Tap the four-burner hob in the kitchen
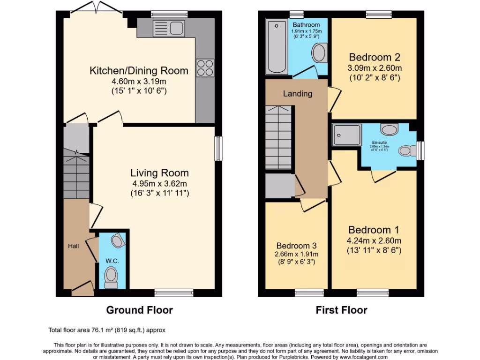pyautogui.click(x=205, y=67)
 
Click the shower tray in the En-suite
pyautogui.click(x=347, y=135)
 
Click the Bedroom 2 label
pyautogui.click(x=375, y=58)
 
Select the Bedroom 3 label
pyautogui.click(x=296, y=246)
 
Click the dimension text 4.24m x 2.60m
pyautogui.click(x=375, y=241)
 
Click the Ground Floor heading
pyautogui.click(x=139, y=310)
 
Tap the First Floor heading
pyautogui.click(x=341, y=310)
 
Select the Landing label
pyautogui.click(x=297, y=94)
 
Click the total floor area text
pyautogui.click(x=107, y=330)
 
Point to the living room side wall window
pyautogui.click(x=218, y=149)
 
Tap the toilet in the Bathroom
pyautogui.click(x=320, y=53)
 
